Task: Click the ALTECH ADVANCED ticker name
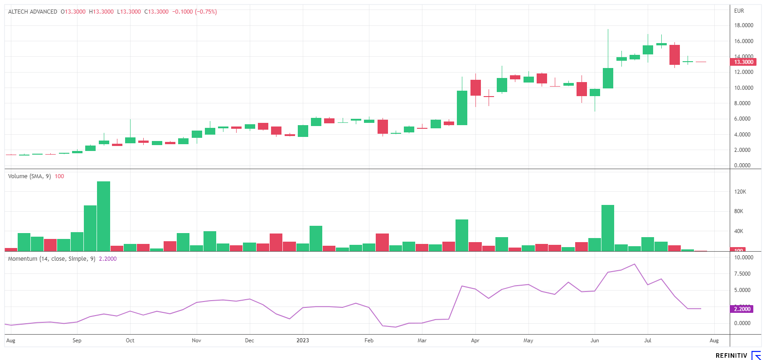33,12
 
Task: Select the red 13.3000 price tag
743,62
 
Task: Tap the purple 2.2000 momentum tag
742,309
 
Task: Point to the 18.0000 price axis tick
743,25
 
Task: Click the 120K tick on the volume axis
740,192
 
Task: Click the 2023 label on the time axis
302,341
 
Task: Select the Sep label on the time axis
77,341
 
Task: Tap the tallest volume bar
103,216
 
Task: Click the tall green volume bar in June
608,228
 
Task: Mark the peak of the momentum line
635,264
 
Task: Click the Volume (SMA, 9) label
29,176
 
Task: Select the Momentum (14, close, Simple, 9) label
52,259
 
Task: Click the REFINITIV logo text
731,355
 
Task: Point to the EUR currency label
739,11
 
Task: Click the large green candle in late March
462,108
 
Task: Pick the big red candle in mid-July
674,55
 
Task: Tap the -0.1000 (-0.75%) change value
194,12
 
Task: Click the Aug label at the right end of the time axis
714,341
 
